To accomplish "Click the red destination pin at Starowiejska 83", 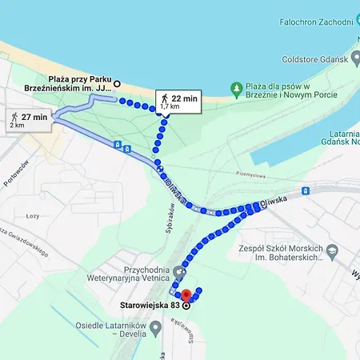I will pos(186,294).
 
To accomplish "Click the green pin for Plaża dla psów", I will pos(236,86).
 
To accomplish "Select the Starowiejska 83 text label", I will pos(147,305).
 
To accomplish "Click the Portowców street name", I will pos(14,172).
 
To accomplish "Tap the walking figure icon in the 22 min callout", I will pos(165,98).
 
